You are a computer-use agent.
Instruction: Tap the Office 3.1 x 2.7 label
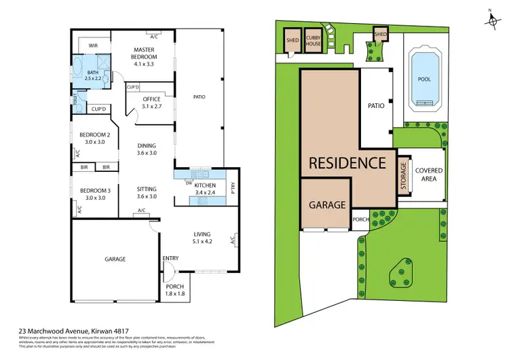pos(151,103)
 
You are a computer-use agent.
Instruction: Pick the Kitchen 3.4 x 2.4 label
pos(205,189)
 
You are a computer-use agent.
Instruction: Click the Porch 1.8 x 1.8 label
pos(175,291)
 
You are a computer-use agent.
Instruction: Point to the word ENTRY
pos(170,258)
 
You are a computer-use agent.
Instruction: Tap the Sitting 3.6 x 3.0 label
pos(147,192)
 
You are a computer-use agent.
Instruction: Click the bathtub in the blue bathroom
pos(77,69)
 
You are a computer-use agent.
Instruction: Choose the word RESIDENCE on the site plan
pos(347,162)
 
